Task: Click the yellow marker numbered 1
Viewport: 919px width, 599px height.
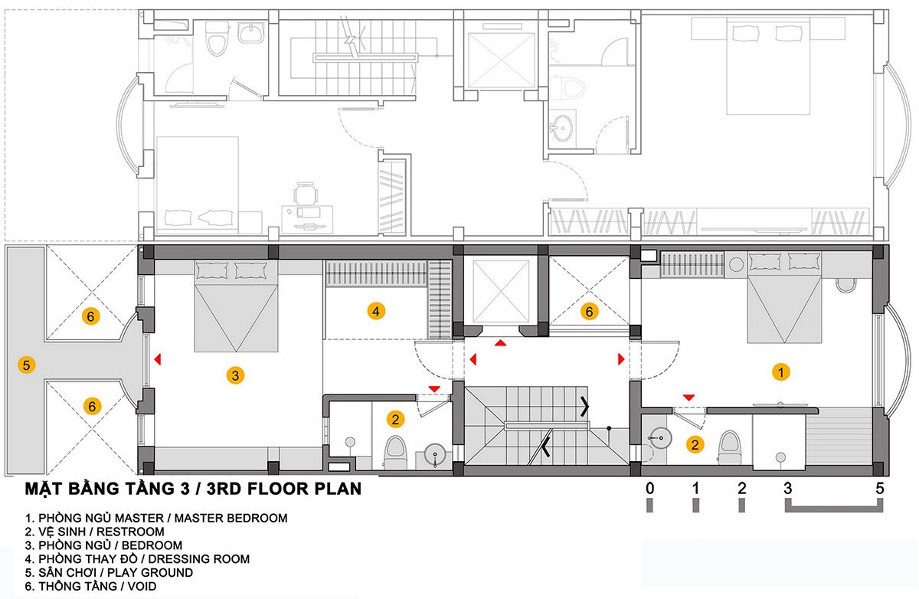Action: [780, 372]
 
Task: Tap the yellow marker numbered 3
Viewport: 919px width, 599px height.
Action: [235, 375]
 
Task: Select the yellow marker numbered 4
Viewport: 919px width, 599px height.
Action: [376, 312]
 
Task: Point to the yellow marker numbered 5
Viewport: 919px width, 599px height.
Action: [26, 365]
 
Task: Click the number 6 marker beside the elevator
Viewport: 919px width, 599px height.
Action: [589, 312]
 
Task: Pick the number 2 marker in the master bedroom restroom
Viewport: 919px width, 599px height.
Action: [695, 444]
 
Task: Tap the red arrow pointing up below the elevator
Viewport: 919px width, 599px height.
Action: [500, 342]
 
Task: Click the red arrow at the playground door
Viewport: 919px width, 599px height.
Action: [158, 359]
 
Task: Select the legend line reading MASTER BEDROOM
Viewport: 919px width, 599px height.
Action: [156, 518]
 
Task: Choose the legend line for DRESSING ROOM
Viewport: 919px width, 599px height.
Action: [137, 559]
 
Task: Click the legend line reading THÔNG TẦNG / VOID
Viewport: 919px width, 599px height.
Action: [90, 586]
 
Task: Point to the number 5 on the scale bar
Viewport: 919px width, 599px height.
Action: [879, 488]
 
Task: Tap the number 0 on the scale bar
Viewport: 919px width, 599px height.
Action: [649, 488]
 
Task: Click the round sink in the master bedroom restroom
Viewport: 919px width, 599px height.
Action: [660, 438]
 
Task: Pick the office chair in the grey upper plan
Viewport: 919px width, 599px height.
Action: [306, 193]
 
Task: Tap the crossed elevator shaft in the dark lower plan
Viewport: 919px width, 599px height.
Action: [501, 291]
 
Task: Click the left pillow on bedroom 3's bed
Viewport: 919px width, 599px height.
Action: [211, 271]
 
